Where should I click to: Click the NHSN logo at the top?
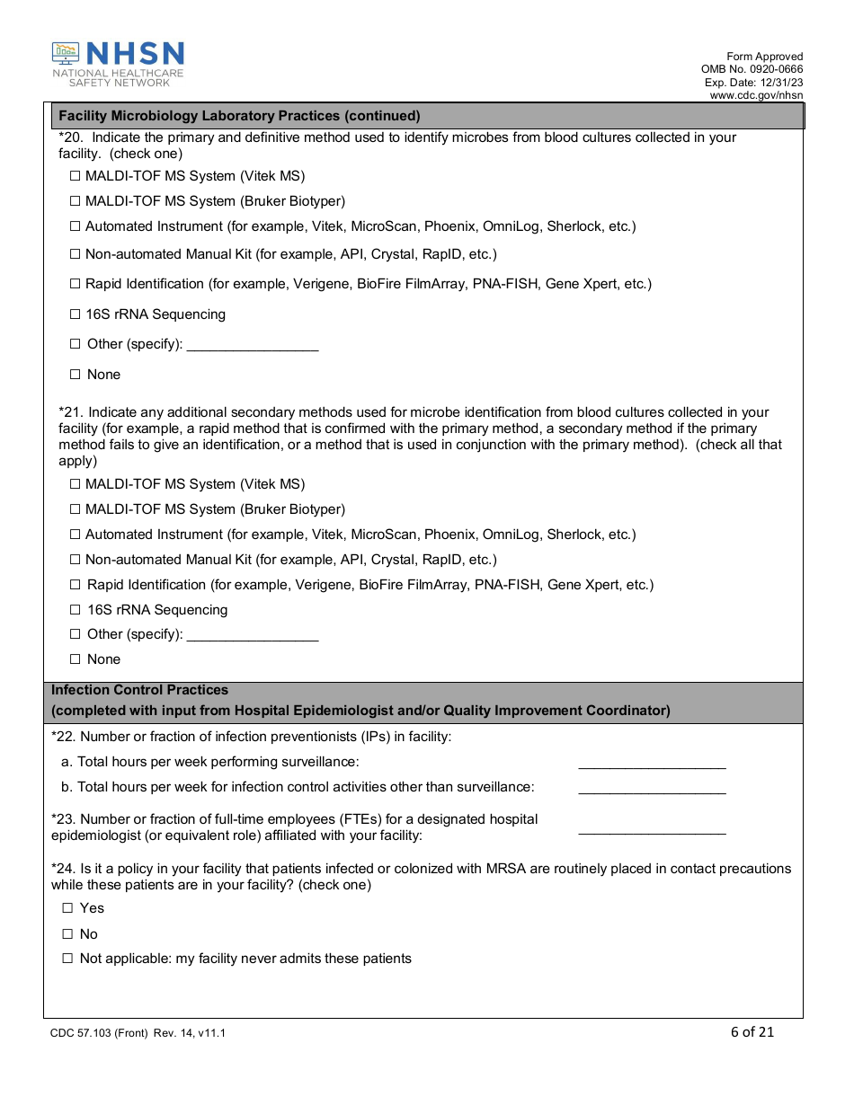coord(118,64)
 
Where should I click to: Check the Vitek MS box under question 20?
coord(76,176)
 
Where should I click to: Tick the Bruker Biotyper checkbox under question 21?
coord(76,509)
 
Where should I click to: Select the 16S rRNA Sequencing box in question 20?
coord(76,314)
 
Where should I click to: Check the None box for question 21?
coord(76,659)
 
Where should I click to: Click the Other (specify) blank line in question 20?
coord(253,346)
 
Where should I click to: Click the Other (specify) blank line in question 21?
coord(253,636)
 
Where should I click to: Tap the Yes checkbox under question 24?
coord(67,908)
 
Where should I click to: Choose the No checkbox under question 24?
coord(67,934)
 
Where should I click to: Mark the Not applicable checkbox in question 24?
coord(67,959)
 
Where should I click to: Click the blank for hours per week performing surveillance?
coord(652,764)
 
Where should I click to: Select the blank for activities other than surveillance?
coord(652,789)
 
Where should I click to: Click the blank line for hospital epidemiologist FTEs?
coord(652,829)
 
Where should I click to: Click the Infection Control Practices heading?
coord(140,690)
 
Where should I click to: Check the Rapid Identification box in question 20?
coord(76,284)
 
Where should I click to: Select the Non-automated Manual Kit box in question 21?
coord(76,560)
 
